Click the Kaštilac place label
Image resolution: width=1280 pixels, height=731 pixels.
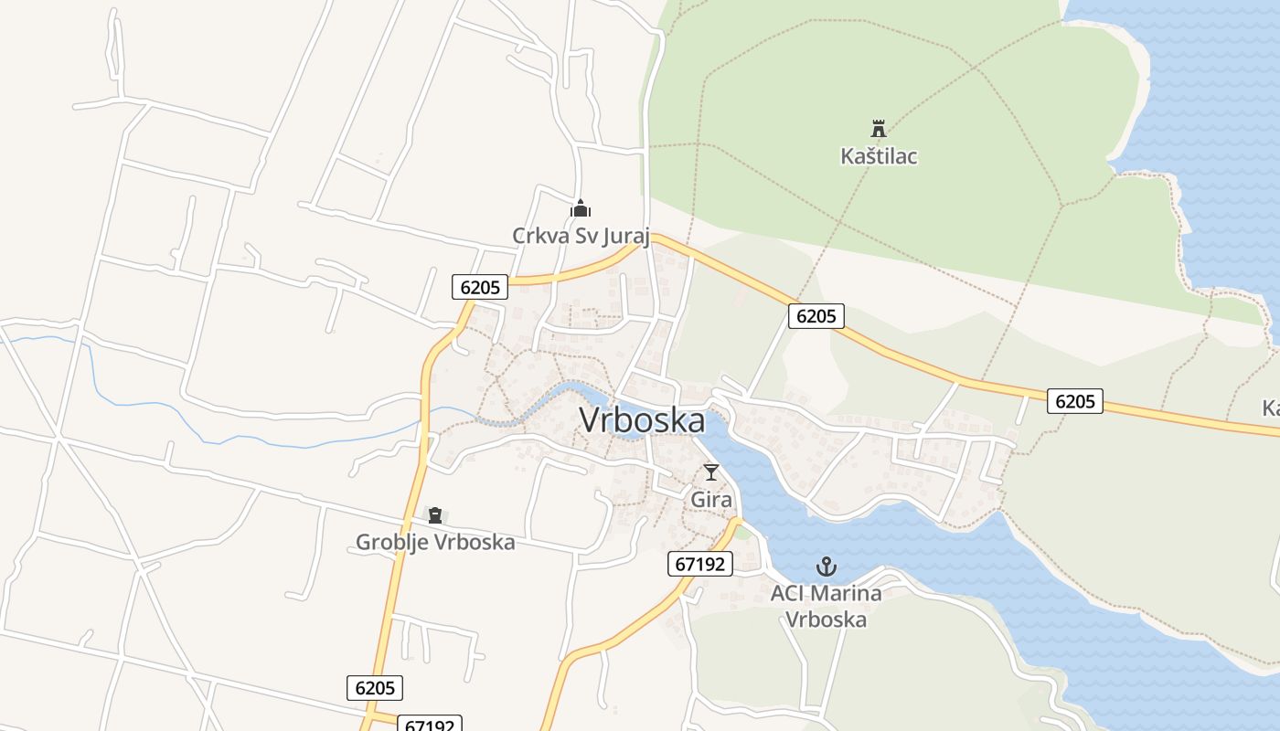tap(879, 156)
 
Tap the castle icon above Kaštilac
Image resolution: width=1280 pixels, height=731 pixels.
tap(879, 128)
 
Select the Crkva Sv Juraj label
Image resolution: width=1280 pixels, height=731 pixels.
tap(581, 236)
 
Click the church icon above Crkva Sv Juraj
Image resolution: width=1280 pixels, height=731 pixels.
tap(581, 209)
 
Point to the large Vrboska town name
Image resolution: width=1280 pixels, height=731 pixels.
tap(643, 421)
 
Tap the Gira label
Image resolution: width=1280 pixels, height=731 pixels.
tap(711, 500)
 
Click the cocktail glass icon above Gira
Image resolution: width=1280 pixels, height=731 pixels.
tap(711, 472)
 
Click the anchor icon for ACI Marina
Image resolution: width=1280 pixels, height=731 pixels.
tap(827, 567)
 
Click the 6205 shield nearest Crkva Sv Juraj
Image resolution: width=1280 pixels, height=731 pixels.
tap(480, 287)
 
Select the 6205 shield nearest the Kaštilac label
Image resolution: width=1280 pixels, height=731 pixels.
tap(816, 316)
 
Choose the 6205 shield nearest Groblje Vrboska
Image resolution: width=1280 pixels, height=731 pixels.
tap(375, 688)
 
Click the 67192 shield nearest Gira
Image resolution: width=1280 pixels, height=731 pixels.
tap(700, 564)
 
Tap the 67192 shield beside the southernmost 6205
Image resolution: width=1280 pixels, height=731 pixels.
tap(430, 725)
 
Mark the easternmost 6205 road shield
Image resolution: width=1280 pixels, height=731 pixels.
tap(1075, 400)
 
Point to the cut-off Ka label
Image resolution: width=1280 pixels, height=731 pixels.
tap(1270, 408)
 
